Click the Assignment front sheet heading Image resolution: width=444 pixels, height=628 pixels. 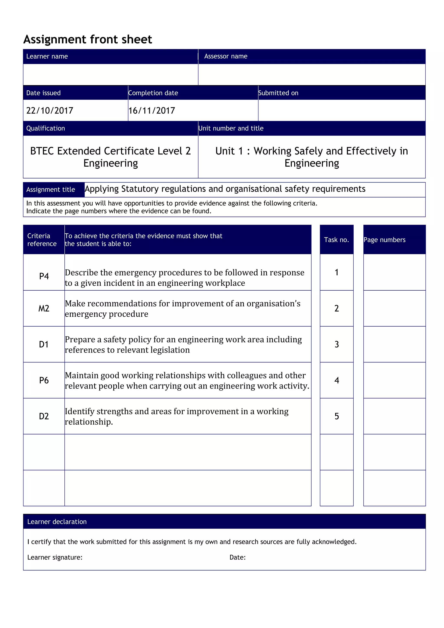click(88, 39)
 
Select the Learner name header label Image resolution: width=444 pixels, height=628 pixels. click(47, 56)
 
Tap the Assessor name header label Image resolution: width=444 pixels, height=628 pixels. click(226, 56)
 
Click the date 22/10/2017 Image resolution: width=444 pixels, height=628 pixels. click(50, 111)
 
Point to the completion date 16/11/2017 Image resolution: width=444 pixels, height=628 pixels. click(152, 111)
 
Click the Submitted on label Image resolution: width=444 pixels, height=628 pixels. click(278, 93)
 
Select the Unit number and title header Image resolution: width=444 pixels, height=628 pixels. click(231, 128)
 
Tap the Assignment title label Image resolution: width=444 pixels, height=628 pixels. click(51, 190)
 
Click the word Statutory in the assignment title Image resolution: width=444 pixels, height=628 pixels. click(140, 189)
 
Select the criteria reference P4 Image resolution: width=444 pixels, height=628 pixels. click(44, 276)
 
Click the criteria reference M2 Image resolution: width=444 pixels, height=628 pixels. click(44, 308)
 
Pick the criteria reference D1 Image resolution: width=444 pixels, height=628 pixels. click(44, 344)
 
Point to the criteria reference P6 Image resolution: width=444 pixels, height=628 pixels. click(44, 380)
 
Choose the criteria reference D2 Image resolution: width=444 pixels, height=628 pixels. click(44, 416)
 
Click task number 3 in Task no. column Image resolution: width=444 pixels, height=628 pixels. click(336, 344)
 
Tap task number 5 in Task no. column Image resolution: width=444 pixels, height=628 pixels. click(336, 416)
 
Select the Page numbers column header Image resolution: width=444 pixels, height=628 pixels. click(384, 240)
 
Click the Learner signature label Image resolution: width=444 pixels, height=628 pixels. click(55, 557)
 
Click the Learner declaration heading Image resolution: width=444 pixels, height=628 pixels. click(57, 522)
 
